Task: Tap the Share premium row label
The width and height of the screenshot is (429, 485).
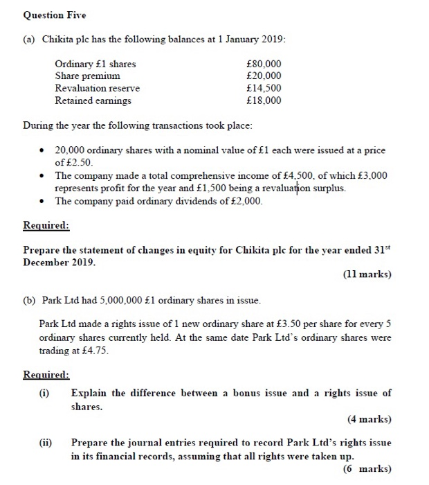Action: tap(87, 76)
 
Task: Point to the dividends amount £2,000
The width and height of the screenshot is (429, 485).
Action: tap(245, 201)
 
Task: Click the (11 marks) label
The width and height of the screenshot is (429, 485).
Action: tap(366, 274)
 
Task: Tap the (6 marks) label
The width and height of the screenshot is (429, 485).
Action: tap(367, 468)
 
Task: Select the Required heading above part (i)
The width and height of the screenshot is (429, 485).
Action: tap(46, 375)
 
